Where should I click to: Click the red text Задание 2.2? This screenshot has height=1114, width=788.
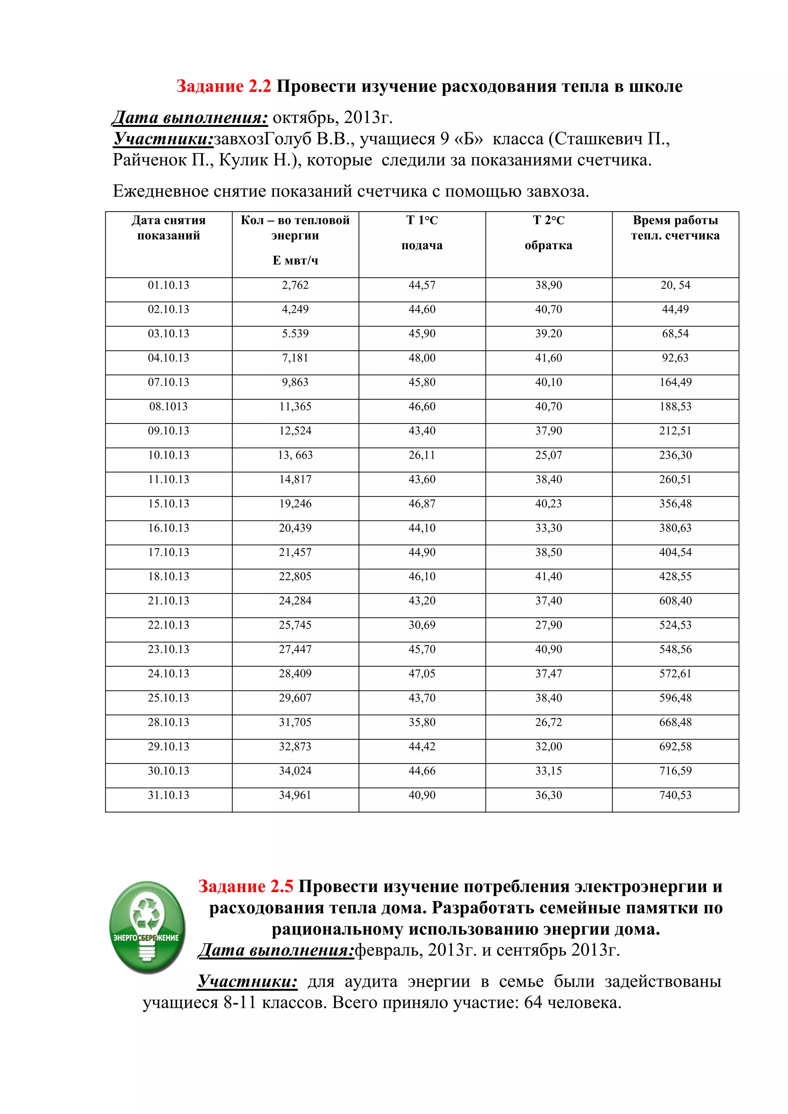click(x=223, y=87)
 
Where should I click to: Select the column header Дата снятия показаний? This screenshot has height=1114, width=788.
click(x=169, y=228)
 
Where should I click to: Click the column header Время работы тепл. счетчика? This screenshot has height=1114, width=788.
click(x=675, y=228)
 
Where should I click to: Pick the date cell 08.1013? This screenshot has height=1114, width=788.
click(x=169, y=407)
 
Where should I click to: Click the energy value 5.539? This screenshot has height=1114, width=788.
click(x=295, y=334)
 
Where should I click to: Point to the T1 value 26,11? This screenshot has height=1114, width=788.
click(x=422, y=455)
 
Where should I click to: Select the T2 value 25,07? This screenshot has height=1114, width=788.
click(x=548, y=455)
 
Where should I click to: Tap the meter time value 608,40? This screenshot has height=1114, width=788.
click(x=675, y=601)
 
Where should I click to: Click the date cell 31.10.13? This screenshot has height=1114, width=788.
click(x=169, y=795)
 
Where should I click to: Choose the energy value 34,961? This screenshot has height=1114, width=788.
click(x=295, y=795)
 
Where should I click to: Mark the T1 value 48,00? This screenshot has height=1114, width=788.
click(x=422, y=358)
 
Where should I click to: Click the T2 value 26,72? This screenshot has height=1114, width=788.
click(x=548, y=722)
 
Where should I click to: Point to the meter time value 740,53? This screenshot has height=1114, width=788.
click(x=675, y=795)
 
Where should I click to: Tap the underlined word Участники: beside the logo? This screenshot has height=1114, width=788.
click(x=247, y=982)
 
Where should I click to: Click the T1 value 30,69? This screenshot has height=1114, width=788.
click(x=422, y=625)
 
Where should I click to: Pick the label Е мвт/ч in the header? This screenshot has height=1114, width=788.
click(x=295, y=260)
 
